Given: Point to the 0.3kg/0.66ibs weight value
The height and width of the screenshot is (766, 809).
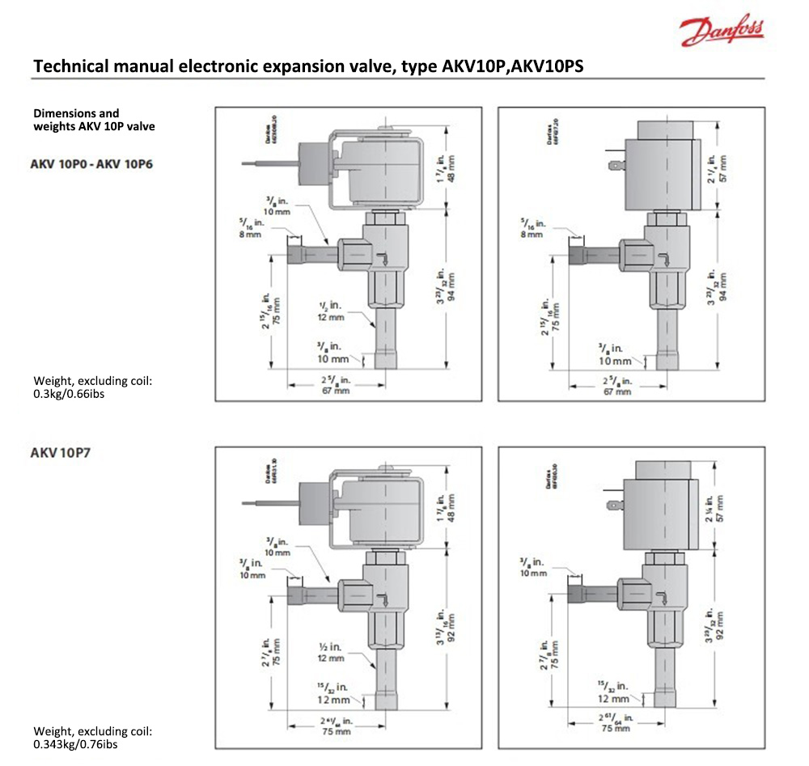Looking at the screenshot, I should point(69,394).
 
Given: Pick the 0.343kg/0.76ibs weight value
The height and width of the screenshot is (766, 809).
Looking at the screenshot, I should point(74,743).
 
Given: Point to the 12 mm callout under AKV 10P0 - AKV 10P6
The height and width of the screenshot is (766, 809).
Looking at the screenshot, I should point(332,318).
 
